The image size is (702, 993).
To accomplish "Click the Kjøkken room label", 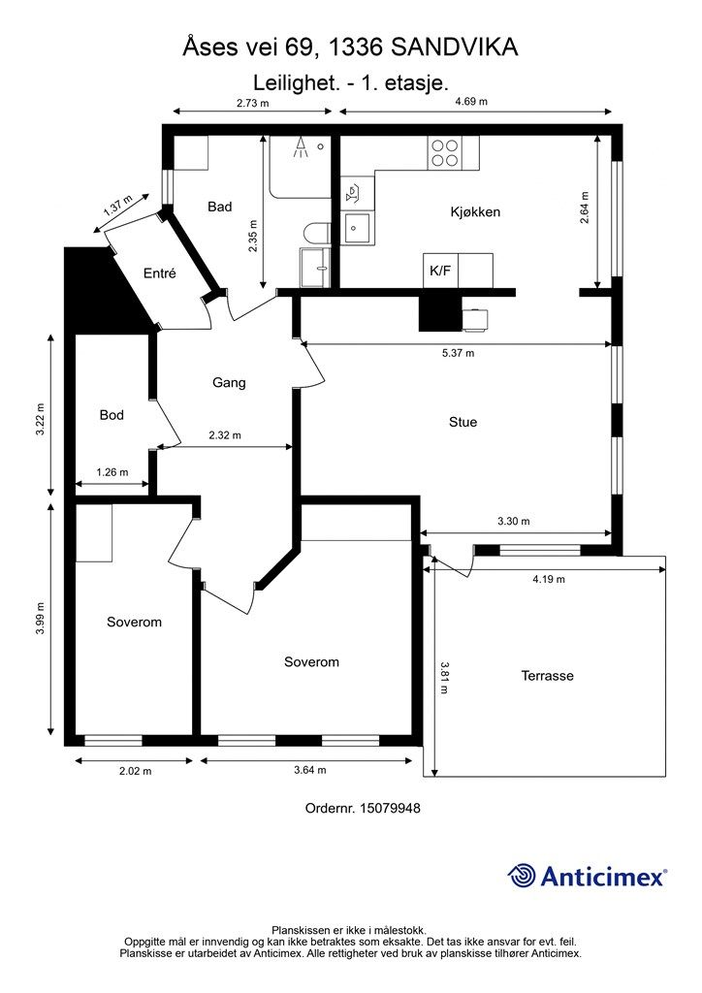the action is click(475, 212).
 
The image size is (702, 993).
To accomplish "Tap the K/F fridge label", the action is click(440, 272).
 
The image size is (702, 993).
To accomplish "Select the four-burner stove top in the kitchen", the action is click(444, 152).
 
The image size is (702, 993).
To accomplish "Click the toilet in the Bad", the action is click(316, 233).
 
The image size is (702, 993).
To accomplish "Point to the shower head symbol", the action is click(302, 147).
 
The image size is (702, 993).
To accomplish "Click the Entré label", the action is click(160, 273).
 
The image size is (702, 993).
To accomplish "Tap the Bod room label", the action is click(112, 415).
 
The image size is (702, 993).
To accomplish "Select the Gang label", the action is click(229, 382).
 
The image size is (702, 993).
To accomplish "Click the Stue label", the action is click(463, 423).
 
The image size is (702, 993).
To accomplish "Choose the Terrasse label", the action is click(548, 676).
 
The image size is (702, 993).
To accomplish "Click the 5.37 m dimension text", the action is click(458, 353).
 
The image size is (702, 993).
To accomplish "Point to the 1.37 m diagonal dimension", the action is click(117, 207).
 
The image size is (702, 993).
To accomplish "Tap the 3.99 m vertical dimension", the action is click(40, 617).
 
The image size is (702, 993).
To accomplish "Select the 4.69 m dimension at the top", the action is click(471, 101).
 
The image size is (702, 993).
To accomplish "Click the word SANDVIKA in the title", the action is click(455, 48).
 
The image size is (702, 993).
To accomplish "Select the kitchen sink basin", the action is click(357, 226).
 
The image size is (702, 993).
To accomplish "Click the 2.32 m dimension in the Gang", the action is click(225, 435).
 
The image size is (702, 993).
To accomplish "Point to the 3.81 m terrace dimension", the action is click(444, 678).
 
